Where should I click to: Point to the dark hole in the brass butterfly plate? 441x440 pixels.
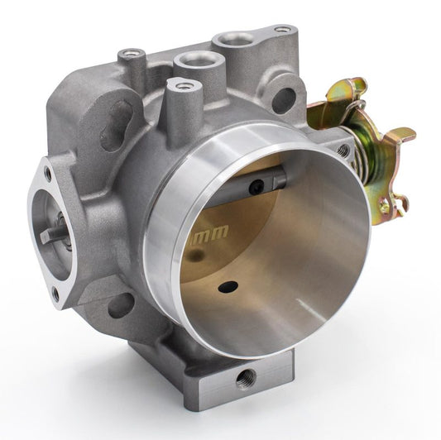coord(228,287)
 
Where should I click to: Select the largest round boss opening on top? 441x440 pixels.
coord(236,39)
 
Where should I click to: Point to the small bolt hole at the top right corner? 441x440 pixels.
coord(283,30)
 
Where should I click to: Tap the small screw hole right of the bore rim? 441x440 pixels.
coord(343,151)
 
